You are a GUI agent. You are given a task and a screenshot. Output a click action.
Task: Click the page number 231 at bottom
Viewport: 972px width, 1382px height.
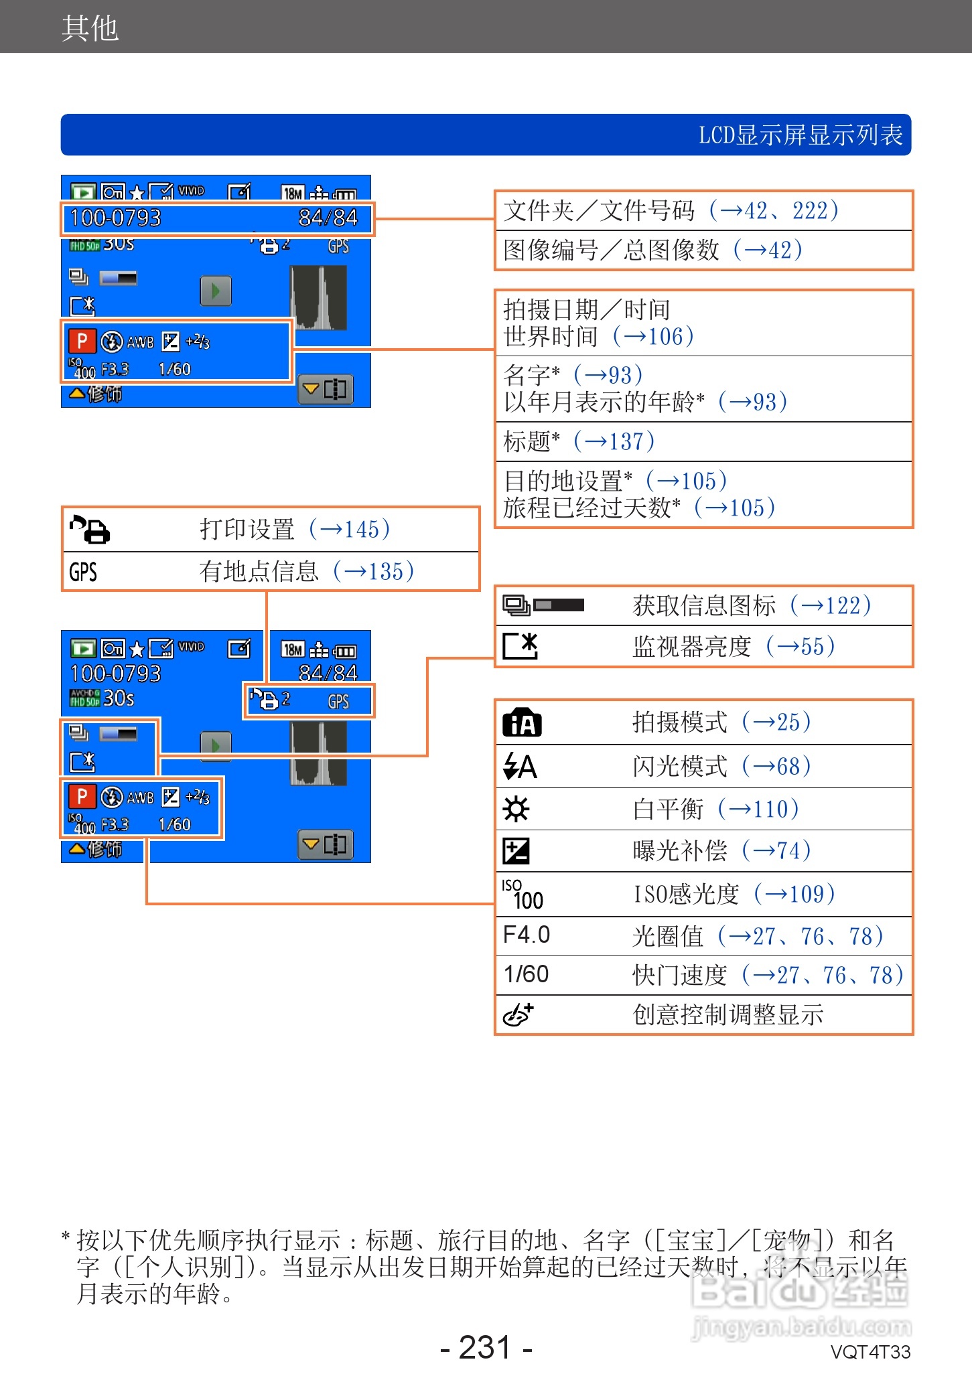[486, 1347]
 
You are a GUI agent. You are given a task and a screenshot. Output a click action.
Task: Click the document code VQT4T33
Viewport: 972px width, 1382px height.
[870, 1352]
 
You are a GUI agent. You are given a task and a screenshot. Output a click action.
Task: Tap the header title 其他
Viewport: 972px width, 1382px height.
[90, 28]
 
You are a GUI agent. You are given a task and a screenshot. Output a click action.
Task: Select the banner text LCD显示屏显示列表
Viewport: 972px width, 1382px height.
[801, 135]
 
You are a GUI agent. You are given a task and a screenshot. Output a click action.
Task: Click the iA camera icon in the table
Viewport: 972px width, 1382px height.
[522, 722]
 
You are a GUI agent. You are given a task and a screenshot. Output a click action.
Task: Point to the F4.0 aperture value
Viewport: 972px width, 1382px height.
[527, 935]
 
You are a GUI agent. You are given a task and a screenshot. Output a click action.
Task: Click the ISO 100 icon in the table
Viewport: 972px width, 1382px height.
[523, 895]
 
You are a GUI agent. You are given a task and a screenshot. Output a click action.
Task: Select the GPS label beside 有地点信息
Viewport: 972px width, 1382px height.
[83, 572]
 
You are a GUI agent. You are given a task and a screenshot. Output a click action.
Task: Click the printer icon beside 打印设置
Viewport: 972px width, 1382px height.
[90, 530]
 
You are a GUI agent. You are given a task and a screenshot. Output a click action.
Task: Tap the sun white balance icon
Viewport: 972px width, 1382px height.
[516, 809]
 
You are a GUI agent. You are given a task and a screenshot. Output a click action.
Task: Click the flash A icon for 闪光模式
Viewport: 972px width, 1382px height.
[520, 766]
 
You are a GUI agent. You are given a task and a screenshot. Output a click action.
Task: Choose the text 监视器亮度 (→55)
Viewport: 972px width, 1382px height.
[734, 646]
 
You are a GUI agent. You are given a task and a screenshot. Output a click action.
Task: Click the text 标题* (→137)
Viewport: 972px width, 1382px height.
[579, 441]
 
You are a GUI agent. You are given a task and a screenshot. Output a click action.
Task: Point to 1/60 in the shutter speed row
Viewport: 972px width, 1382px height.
[527, 974]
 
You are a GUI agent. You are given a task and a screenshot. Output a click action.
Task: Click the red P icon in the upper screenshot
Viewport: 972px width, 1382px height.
[82, 341]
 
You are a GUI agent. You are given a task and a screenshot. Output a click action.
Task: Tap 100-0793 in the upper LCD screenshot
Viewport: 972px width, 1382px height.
[115, 218]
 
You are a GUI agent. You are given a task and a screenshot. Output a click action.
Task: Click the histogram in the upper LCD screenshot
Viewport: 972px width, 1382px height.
[319, 298]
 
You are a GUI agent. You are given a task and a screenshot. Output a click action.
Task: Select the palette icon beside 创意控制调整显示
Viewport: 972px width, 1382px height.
[518, 1014]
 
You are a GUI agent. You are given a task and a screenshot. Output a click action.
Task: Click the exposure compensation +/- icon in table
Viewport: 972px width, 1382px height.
[516, 851]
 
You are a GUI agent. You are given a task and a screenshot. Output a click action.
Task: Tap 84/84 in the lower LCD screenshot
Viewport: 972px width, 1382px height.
[328, 672]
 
